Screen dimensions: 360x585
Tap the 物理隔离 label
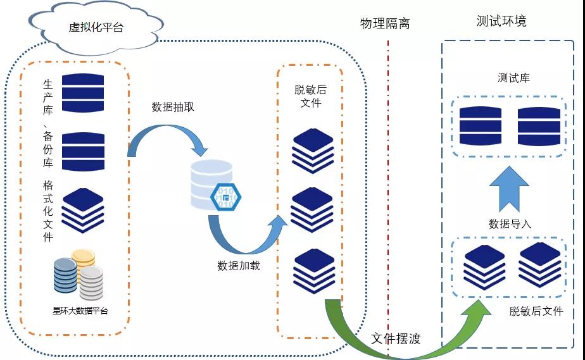[x=385, y=24]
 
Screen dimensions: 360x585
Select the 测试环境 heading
[x=501, y=21]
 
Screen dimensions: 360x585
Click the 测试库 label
[x=513, y=78]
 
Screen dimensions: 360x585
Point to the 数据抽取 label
[x=173, y=106]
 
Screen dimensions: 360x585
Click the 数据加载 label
[x=239, y=265]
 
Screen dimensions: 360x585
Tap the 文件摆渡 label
[x=396, y=338]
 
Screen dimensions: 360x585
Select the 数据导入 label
[x=510, y=223]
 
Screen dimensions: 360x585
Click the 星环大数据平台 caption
[x=80, y=311]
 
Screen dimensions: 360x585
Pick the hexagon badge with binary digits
[x=225, y=197]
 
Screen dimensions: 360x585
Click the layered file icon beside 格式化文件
[x=82, y=209]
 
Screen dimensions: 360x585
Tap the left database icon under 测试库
[x=480, y=125]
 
